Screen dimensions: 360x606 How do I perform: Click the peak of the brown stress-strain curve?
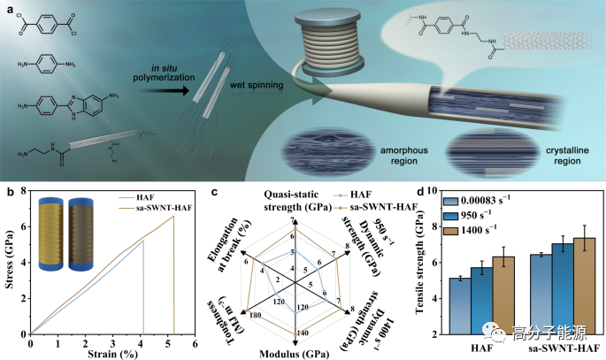(x=173, y=217)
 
